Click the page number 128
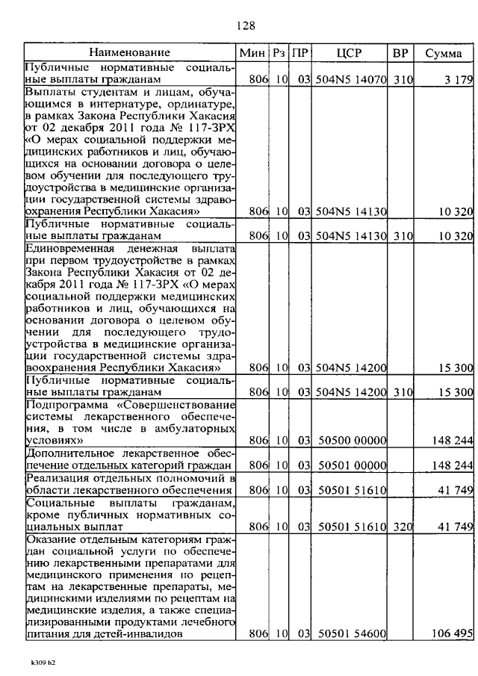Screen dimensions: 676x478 pos(246,26)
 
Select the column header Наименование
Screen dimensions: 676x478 pos(130,52)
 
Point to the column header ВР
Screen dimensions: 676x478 pos(400,53)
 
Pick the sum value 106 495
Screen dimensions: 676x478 pos(451,634)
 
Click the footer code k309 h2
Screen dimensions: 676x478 pos(43,661)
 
